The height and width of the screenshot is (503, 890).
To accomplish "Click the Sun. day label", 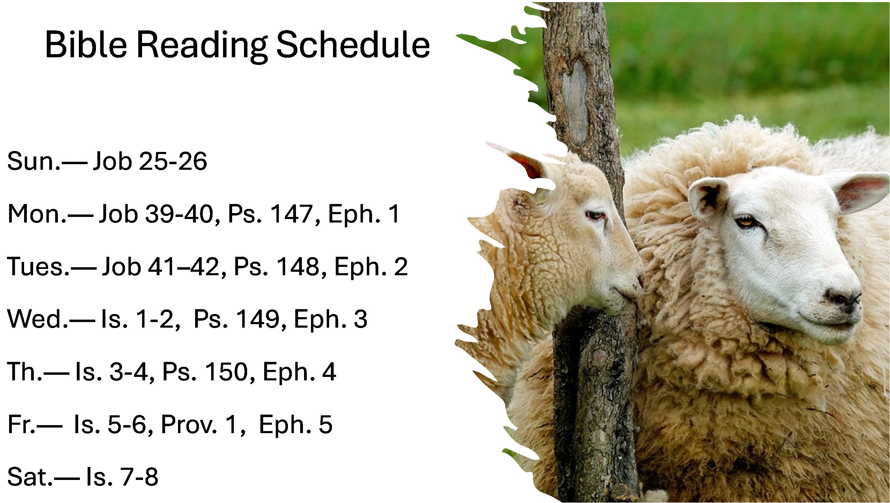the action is tap(34, 162).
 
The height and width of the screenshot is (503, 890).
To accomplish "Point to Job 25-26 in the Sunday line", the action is tap(150, 161).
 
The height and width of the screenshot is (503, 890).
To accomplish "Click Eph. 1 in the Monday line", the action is tap(364, 214).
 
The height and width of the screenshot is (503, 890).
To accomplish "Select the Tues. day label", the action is tap(38, 267).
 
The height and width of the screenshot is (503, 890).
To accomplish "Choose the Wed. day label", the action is tap(38, 319).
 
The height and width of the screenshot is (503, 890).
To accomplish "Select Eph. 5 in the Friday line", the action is tap(295, 425).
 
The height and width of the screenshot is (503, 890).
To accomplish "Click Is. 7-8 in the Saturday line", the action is tap(122, 477).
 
